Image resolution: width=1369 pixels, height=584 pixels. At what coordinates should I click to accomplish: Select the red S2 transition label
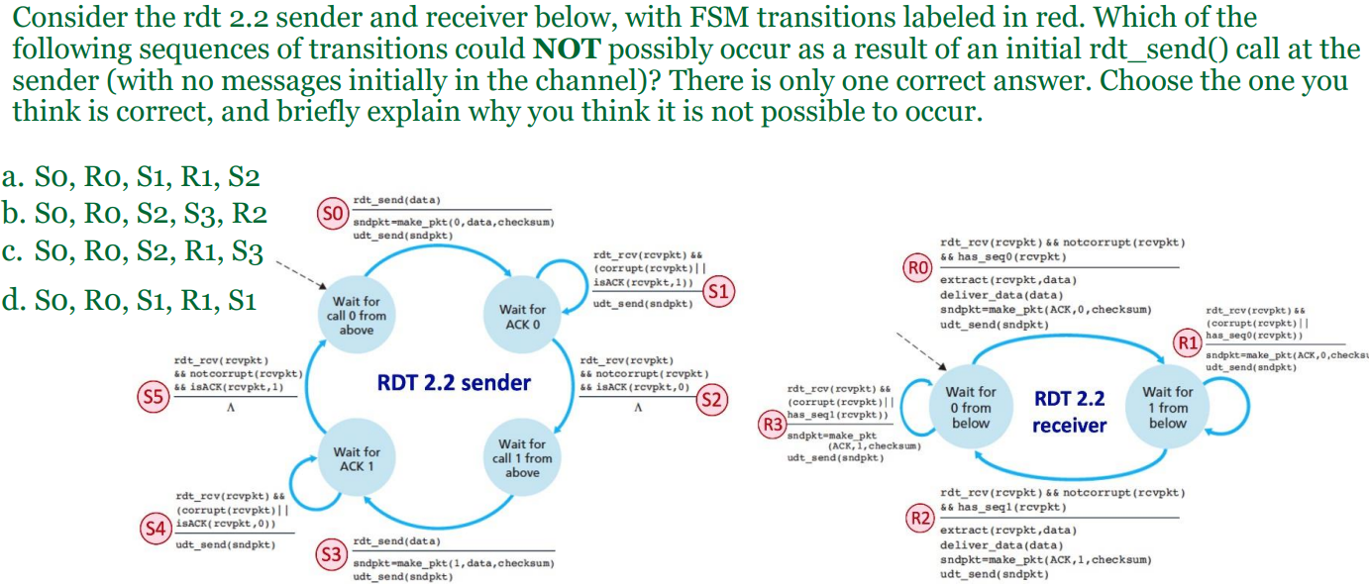pos(712,401)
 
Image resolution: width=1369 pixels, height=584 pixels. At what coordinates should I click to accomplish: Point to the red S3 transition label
pos(331,552)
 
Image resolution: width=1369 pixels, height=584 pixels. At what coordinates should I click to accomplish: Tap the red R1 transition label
pos(1188,343)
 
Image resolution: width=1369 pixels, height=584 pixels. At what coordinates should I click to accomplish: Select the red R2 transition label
pos(920,518)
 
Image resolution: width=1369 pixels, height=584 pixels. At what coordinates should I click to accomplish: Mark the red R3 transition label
pos(770,426)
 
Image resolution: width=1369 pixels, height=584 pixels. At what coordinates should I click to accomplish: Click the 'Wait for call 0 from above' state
pos(356,315)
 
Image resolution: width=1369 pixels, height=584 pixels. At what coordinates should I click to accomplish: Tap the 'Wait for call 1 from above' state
pos(522,458)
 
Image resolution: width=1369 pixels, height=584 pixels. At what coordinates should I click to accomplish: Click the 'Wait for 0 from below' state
pos(970,408)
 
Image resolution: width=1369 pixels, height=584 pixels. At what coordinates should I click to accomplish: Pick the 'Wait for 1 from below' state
pos(1168,408)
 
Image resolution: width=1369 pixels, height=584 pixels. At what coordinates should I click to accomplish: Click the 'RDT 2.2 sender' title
pos(454,382)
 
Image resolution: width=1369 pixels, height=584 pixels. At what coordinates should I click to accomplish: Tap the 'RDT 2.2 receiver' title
pos(1069,412)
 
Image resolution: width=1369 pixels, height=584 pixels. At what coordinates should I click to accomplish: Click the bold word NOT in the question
pos(564,48)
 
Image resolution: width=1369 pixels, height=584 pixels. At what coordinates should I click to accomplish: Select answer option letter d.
pos(14,300)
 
